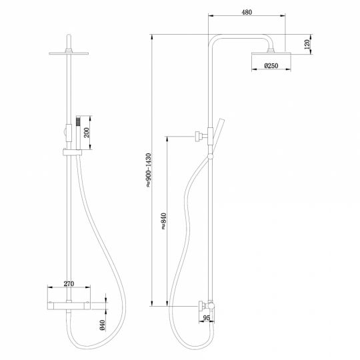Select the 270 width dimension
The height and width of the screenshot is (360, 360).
click(x=68, y=283)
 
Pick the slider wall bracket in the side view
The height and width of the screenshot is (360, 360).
click(x=199, y=137)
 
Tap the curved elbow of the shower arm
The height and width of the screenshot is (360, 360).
click(x=215, y=38)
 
